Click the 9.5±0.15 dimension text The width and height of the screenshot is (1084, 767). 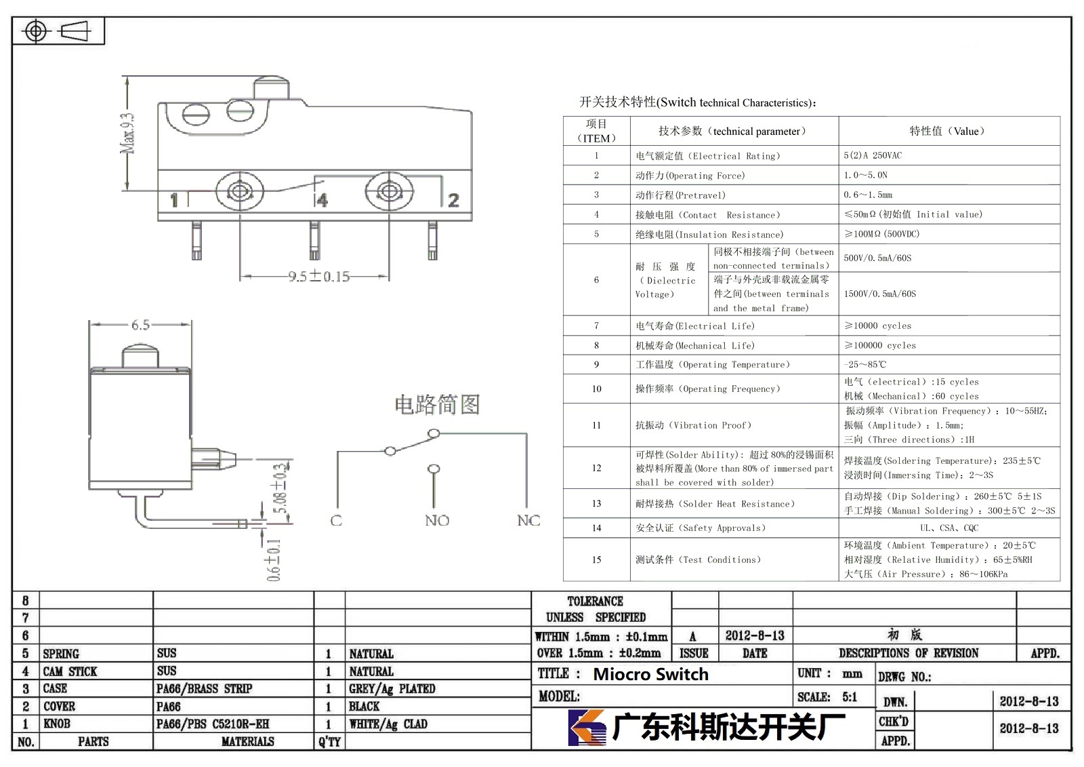319,276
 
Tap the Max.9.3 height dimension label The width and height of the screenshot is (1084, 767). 128,134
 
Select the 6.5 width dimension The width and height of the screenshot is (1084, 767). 140,325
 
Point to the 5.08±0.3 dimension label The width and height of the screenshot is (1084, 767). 280,488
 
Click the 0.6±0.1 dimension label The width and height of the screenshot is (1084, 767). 274,560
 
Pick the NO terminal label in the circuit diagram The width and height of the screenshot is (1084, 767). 437,521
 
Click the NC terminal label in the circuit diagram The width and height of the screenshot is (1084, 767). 528,521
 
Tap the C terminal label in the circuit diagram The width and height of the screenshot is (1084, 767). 336,521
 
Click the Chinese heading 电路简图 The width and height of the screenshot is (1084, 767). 437,405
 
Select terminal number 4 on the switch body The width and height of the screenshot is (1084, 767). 322,199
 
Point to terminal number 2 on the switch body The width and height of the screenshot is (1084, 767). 453,200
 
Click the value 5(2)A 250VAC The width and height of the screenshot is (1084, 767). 873,155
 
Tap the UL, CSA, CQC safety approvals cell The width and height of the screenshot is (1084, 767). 949,528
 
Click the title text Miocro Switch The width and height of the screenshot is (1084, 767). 650,675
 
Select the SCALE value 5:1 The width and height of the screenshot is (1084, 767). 850,697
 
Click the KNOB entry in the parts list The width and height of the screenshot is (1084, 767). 57,724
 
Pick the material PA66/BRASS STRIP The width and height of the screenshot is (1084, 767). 204,688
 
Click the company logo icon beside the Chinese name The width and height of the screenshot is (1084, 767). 587,727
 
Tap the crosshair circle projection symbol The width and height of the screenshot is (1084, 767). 36,31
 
